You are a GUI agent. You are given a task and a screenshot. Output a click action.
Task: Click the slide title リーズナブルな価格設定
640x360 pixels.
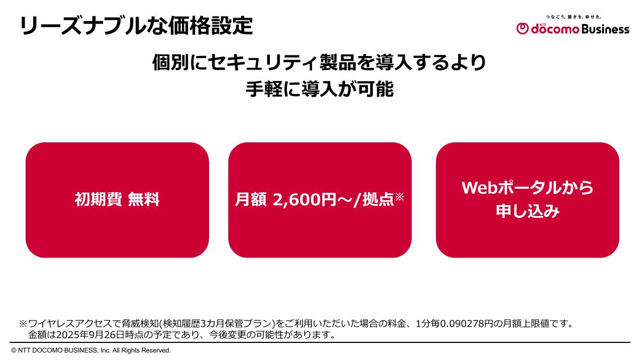pos(136,26)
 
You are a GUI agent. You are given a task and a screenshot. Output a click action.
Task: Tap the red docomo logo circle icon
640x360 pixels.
pos(522,29)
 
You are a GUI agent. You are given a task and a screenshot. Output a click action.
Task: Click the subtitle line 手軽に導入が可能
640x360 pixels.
pos(319,89)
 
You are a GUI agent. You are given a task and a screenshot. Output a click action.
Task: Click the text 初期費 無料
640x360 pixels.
pos(117,200)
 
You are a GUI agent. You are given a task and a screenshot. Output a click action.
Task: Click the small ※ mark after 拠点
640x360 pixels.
pos(400,197)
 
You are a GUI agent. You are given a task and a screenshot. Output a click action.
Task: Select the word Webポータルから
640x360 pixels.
pos(527,188)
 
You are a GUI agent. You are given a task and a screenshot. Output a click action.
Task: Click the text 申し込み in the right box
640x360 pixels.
pos(527,212)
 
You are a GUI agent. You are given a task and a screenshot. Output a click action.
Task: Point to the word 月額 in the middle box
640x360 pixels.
pos(251,200)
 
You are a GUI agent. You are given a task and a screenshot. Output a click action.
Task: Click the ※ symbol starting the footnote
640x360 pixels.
pos(23,324)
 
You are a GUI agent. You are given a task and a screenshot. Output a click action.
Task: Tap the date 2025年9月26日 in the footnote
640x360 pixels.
pos(85,335)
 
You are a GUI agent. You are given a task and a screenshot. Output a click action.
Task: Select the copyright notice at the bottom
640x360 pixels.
pos(91,350)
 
